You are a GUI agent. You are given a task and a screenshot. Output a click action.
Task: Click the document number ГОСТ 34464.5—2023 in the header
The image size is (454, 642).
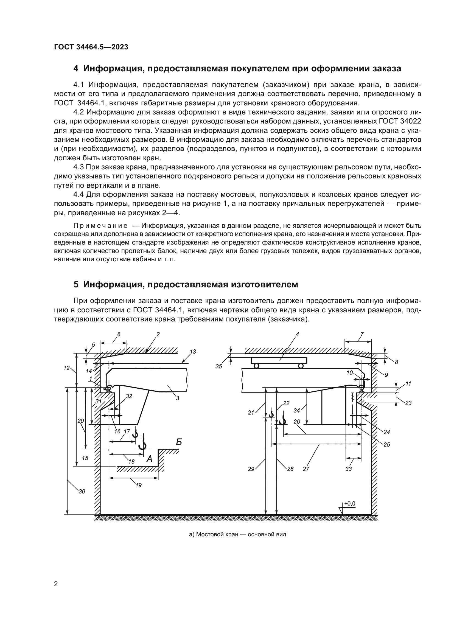[91, 47]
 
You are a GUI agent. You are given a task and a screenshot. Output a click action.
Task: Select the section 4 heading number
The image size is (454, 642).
[76, 69]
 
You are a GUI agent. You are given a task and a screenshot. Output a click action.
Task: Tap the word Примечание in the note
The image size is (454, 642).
[100, 226]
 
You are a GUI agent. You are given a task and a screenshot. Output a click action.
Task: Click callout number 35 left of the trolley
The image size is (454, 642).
[218, 366]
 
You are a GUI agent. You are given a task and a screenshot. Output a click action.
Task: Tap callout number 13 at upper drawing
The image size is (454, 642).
[193, 352]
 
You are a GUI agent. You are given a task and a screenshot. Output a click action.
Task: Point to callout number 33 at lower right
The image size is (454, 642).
[348, 469]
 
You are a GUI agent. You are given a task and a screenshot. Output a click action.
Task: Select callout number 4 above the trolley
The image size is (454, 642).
[298, 334]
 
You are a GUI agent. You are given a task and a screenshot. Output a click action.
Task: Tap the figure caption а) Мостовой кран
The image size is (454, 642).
[238, 535]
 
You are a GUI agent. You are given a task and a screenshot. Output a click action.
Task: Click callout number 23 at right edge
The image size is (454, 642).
[408, 403]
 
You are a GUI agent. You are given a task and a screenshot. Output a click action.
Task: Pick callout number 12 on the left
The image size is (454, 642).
[66, 368]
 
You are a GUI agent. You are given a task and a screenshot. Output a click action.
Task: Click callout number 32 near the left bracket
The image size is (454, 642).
[129, 396]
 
